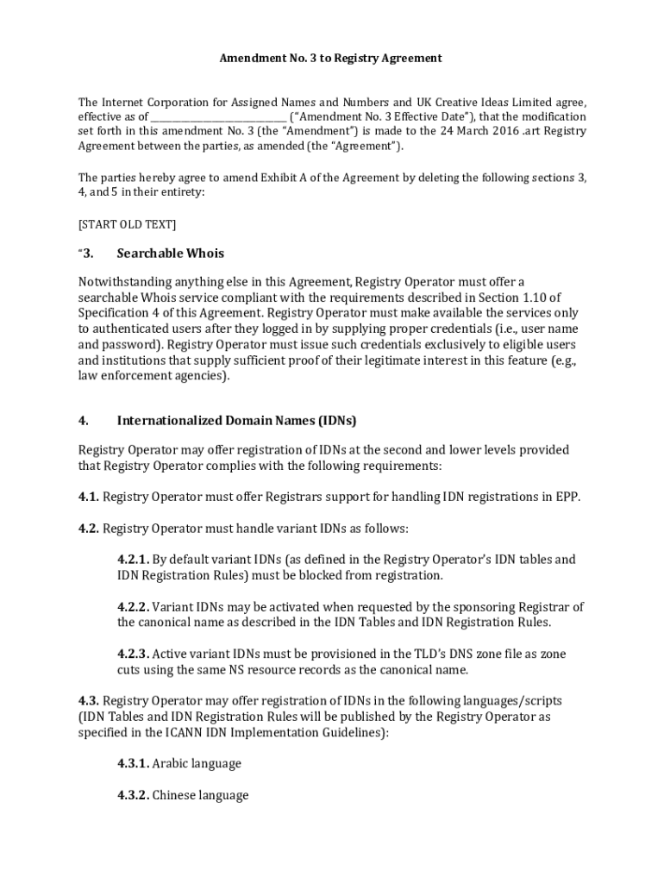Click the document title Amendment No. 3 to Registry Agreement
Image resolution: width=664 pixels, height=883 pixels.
pyautogui.click(x=330, y=58)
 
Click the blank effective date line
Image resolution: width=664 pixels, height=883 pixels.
pyautogui.click(x=219, y=117)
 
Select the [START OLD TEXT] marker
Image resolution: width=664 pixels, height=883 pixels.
pyautogui.click(x=127, y=224)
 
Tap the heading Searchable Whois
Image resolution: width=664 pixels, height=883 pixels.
pyautogui.click(x=170, y=254)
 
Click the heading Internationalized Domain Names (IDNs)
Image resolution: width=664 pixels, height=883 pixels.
pyautogui.click(x=236, y=421)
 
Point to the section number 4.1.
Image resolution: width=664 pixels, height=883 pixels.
pyautogui.click(x=89, y=497)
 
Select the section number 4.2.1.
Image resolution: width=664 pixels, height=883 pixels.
pyautogui.click(x=134, y=560)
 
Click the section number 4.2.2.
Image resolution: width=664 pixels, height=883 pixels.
pyautogui.click(x=134, y=607)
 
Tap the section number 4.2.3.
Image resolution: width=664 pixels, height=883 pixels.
pyautogui.click(x=134, y=654)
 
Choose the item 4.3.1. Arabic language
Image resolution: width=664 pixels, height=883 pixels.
pyautogui.click(x=179, y=764)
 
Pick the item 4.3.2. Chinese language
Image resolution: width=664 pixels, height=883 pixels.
pyautogui.click(x=183, y=796)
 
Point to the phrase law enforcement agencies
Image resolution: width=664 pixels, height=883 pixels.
pyautogui.click(x=153, y=376)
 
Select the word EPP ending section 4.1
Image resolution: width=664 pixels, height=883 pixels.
pyautogui.click(x=568, y=497)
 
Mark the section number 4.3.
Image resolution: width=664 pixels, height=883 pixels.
pyautogui.click(x=89, y=701)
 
